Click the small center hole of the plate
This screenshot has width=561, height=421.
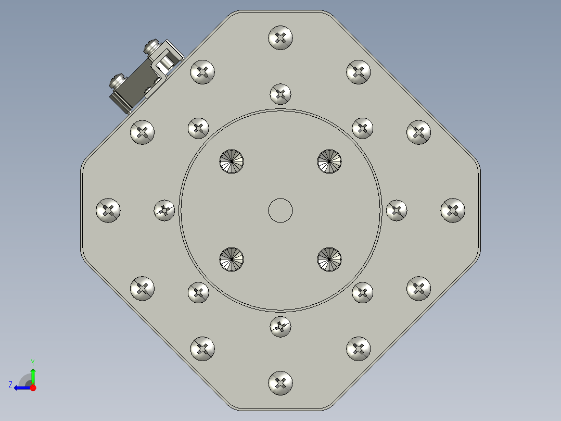(x=280, y=210)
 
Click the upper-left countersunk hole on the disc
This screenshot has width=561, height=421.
(x=232, y=161)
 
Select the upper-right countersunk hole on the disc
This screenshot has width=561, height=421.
(x=330, y=161)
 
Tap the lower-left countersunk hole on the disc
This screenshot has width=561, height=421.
(x=232, y=259)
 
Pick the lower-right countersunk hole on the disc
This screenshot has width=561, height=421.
(x=330, y=259)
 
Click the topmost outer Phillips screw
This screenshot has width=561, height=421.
(x=280, y=38)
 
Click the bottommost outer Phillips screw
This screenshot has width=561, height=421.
(x=280, y=383)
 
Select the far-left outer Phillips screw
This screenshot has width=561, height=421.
(x=108, y=210)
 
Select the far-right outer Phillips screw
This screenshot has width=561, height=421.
(x=453, y=210)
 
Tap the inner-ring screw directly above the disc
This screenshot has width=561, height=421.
(x=280, y=94)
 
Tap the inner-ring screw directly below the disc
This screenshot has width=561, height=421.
(x=280, y=327)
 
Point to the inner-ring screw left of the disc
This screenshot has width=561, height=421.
(x=164, y=210)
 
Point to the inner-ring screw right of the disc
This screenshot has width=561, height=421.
(x=397, y=210)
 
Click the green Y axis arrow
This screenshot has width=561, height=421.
(x=33, y=374)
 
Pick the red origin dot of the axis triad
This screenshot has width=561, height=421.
(x=33, y=388)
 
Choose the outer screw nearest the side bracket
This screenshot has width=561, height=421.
(x=202, y=72)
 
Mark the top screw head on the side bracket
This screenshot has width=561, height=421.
(x=152, y=47)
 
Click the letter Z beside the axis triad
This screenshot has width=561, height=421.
(x=10, y=385)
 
